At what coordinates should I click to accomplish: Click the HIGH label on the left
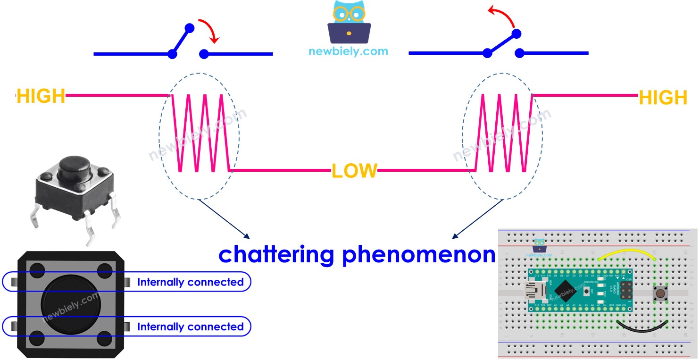[x=41, y=96]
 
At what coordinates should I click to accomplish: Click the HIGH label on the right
[x=663, y=98]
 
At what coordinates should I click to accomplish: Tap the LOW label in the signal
[x=354, y=171]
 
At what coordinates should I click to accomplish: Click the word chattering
[x=276, y=254]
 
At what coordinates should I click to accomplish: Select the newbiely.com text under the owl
[x=348, y=51]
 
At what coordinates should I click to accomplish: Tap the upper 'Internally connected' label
[x=190, y=282]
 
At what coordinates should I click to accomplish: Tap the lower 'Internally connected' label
[x=190, y=327]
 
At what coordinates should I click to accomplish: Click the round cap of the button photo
[x=75, y=167]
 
